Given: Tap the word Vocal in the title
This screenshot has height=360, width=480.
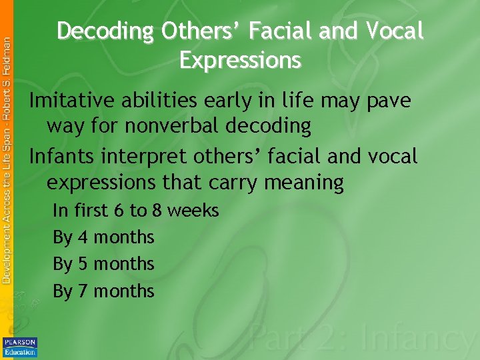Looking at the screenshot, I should click(x=393, y=31).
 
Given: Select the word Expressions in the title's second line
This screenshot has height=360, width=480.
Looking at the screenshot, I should click(x=240, y=60).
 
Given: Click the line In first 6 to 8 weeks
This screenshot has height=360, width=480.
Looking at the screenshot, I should click(x=135, y=211).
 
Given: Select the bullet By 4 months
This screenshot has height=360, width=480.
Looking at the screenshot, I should click(x=103, y=237).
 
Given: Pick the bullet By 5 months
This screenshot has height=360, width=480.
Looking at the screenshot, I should click(x=103, y=264).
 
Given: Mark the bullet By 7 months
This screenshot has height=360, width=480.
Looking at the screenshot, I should click(x=103, y=291).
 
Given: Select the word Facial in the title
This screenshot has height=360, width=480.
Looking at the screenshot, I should click(x=289, y=31).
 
